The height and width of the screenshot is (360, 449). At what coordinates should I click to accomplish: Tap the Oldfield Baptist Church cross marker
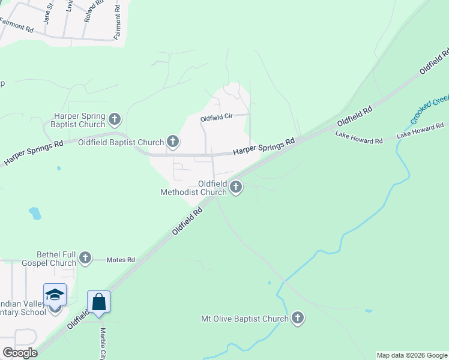[x=172, y=142]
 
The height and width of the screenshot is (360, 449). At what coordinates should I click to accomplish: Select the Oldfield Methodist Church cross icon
[x=236, y=188]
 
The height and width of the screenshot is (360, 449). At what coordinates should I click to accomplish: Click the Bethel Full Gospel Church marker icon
[x=85, y=258]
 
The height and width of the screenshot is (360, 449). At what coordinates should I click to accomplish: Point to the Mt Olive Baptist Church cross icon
[x=297, y=318]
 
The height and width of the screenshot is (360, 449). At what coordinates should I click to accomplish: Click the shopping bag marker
[x=98, y=302]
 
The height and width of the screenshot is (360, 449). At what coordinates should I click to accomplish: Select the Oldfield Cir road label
[x=215, y=118]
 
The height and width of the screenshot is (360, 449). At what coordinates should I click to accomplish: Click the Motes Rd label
[x=121, y=260]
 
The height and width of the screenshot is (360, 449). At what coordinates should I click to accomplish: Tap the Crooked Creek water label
[x=429, y=108]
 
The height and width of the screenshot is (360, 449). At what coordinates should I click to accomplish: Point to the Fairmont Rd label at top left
[x=16, y=28]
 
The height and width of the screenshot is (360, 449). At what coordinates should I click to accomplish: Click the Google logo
[x=19, y=353]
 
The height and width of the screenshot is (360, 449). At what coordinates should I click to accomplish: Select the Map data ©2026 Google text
[x=412, y=355]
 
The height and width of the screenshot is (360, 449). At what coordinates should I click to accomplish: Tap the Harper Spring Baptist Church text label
[x=79, y=120]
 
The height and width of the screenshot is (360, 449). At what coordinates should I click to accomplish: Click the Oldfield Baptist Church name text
[x=121, y=143]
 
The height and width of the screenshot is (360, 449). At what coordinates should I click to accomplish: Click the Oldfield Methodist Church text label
[x=193, y=188]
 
